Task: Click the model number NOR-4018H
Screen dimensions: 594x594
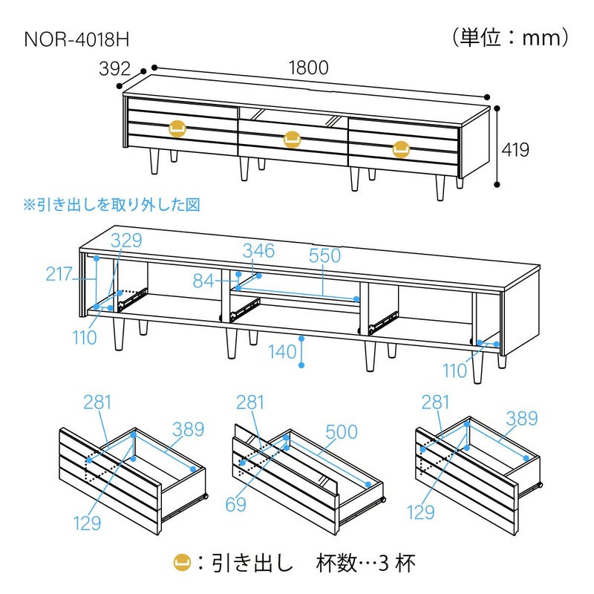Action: [71, 38]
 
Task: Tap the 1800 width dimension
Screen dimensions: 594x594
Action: [308, 68]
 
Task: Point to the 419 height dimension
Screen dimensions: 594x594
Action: [515, 150]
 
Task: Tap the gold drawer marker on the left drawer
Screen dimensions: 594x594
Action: [177, 128]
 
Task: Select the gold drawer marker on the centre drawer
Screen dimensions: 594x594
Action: [292, 137]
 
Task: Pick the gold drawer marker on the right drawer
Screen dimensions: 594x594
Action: [401, 148]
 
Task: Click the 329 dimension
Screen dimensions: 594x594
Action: [126, 241]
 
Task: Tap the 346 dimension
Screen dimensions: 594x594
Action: [258, 251]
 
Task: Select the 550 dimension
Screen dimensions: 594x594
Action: [324, 256]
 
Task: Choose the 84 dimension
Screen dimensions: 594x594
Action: [203, 281]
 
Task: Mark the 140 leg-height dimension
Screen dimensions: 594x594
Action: [282, 352]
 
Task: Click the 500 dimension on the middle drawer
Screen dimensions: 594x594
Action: [342, 432]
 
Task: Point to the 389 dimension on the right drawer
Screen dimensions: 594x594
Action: [521, 419]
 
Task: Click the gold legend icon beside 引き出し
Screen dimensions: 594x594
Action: [180, 562]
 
